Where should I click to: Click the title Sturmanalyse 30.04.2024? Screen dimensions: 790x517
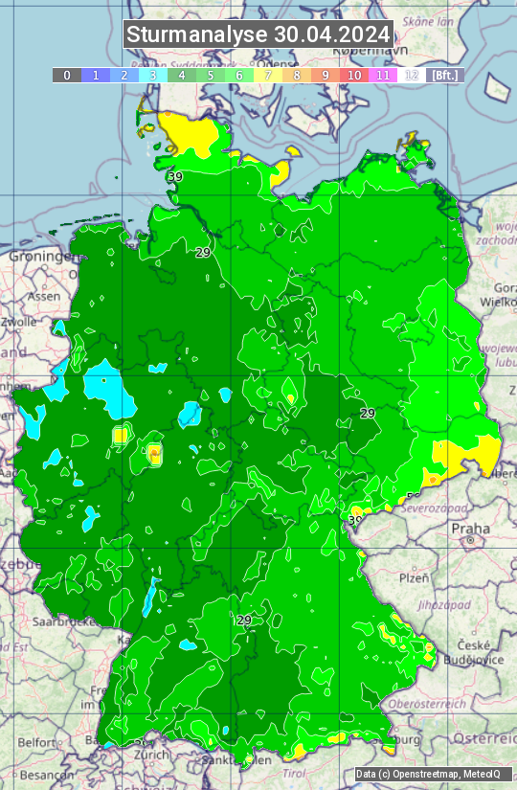(x=258, y=34)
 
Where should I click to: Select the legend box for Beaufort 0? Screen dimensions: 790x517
(x=66, y=75)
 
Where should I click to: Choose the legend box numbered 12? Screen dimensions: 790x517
(x=412, y=75)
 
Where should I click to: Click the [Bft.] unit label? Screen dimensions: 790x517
(x=445, y=75)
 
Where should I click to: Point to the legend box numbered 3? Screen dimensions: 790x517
(x=152, y=75)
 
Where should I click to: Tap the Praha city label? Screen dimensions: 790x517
(x=470, y=529)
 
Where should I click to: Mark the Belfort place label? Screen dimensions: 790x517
(x=36, y=742)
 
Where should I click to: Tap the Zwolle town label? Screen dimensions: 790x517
(x=18, y=322)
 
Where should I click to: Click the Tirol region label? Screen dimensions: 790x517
(x=294, y=773)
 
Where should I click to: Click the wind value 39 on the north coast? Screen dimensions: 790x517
(x=174, y=176)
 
